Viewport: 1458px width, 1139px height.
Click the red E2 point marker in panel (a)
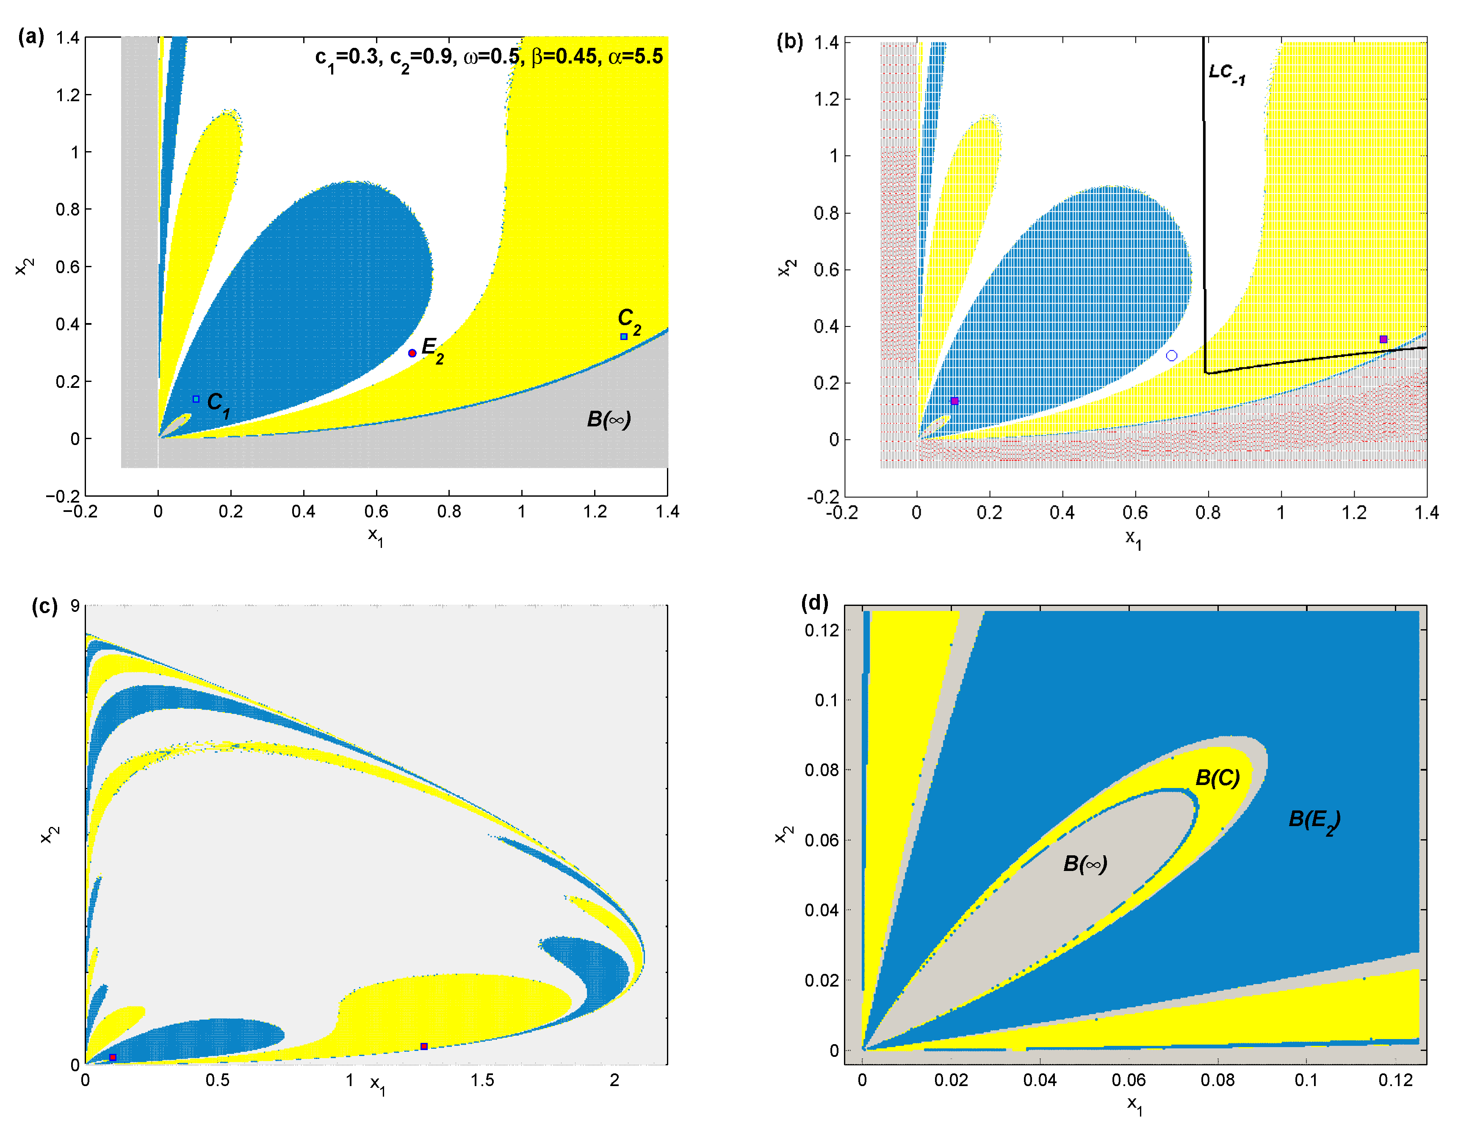[412, 353]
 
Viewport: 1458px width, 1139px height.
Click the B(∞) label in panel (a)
[608, 419]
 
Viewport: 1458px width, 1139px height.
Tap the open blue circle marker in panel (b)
[1172, 355]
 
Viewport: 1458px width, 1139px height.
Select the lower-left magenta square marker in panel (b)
[954, 401]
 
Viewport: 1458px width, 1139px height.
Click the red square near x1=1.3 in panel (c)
[424, 1046]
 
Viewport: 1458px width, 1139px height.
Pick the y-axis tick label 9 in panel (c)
[75, 605]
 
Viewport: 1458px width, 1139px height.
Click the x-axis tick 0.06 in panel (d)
[1128, 1080]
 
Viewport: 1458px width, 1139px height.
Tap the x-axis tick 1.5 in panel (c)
[482, 1080]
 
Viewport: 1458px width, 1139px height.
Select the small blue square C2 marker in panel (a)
[623, 337]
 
